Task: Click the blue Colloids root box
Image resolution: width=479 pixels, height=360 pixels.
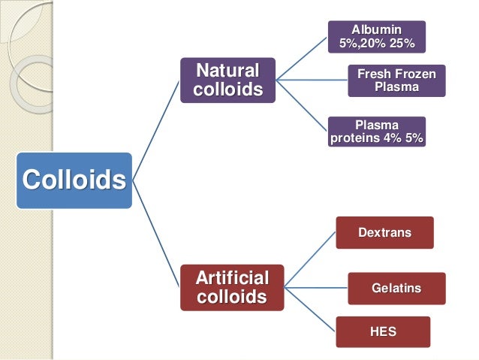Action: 74,180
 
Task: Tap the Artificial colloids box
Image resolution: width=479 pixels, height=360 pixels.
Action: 231,286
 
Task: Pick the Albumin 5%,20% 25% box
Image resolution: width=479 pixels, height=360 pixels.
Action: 377,36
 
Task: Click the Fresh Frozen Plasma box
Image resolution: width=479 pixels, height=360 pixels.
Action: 396,81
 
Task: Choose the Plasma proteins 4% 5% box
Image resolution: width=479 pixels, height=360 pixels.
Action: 377,131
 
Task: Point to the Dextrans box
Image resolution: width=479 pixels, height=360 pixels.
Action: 384,232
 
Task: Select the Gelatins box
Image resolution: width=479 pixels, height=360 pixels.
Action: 396,288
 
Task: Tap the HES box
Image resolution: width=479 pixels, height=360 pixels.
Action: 383,331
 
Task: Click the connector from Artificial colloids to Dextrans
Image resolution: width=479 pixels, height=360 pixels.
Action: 309,259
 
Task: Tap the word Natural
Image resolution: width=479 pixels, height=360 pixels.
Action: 227,72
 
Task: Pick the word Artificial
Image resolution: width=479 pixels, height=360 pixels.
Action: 231,277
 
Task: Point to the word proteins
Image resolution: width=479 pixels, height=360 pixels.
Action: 354,138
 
